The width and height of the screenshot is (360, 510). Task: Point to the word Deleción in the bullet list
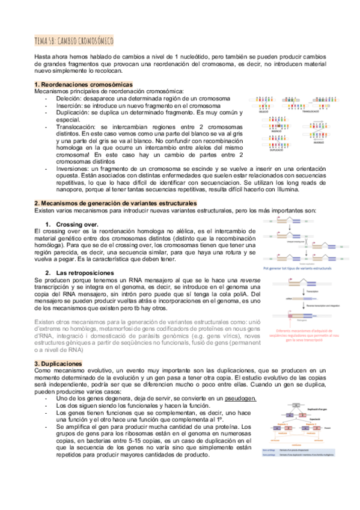[70, 98]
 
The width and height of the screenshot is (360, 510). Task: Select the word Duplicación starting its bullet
[74, 112]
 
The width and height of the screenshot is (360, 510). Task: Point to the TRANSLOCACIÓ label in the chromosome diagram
[311, 112]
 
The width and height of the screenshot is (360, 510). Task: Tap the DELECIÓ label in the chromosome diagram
[264, 112]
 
